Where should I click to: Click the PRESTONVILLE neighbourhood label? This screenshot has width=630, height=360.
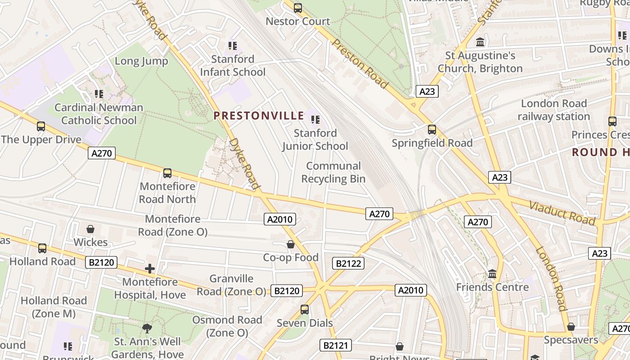pos(259,116)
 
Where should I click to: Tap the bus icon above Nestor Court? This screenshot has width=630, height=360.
pos(297,8)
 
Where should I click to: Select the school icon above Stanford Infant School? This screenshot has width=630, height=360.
pos(232,45)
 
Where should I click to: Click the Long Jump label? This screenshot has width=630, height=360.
pos(141,61)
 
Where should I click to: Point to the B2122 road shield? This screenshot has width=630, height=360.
pos(348,263)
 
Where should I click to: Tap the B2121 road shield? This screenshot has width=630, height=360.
pos(335,346)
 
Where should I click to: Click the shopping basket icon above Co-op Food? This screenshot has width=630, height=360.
pos(291,244)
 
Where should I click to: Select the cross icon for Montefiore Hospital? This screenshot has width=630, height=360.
pos(149,269)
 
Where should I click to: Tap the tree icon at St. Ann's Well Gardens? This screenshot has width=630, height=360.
pos(147,328)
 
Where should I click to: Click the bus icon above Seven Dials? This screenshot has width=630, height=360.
pos(305,310)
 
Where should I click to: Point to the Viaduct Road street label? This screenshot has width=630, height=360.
pos(562,213)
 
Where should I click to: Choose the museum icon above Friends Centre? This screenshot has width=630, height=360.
pos(492,274)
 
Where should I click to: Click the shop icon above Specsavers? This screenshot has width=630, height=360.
pos(571,327)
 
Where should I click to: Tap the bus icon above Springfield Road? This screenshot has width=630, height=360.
pos(432,130)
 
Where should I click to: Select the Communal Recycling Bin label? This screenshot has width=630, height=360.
pos(333,172)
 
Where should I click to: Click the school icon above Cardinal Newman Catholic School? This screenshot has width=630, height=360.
pos(99,94)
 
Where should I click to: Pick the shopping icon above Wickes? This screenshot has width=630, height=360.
pos(90,229)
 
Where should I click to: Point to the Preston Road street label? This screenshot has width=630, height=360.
pos(360,63)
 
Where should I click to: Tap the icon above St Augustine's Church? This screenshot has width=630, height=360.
pos(480,42)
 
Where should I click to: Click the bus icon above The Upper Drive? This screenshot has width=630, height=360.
pos(41,126)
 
